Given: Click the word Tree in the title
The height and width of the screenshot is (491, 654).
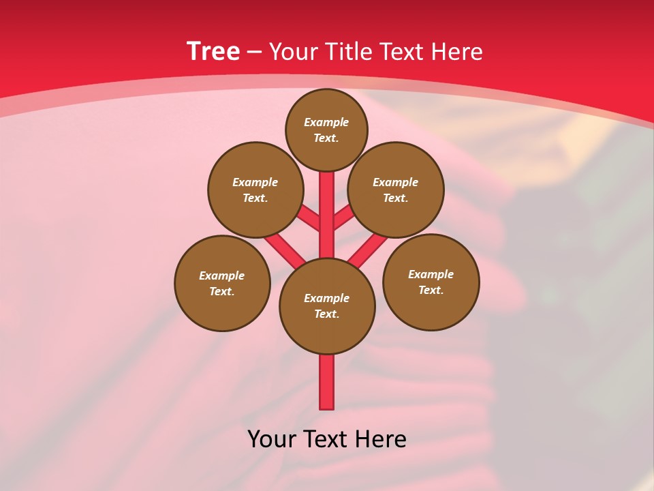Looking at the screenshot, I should coord(213,51).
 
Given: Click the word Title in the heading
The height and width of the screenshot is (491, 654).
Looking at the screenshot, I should coord(349,51).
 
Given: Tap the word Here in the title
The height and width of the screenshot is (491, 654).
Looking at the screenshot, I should coord(457,51).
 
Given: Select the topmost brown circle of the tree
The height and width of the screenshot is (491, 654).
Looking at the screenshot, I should coord(326,130).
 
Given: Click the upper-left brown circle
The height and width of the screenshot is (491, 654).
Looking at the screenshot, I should coord(255,190).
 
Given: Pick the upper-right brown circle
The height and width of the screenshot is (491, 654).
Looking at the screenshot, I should coord(396,190).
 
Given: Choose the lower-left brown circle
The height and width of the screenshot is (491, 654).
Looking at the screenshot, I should coord(222,283).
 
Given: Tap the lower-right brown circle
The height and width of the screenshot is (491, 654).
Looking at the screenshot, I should coord(431,282).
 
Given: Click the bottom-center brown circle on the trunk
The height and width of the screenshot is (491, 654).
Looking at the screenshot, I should coord(327,306).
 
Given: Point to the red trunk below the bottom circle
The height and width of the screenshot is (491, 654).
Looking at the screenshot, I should coord(327,382).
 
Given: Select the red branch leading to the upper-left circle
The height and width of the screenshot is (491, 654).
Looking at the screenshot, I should coord(309,218).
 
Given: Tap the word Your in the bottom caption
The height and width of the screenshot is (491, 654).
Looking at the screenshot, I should coord(273,438).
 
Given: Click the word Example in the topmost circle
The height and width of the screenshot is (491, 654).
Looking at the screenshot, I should coord(326,122).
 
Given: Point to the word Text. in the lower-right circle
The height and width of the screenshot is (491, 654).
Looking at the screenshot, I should coord(431,290).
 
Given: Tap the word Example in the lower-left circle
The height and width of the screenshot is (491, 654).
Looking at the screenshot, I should coord(222,276).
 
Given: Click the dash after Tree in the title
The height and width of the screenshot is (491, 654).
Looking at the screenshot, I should coord(254,52).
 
